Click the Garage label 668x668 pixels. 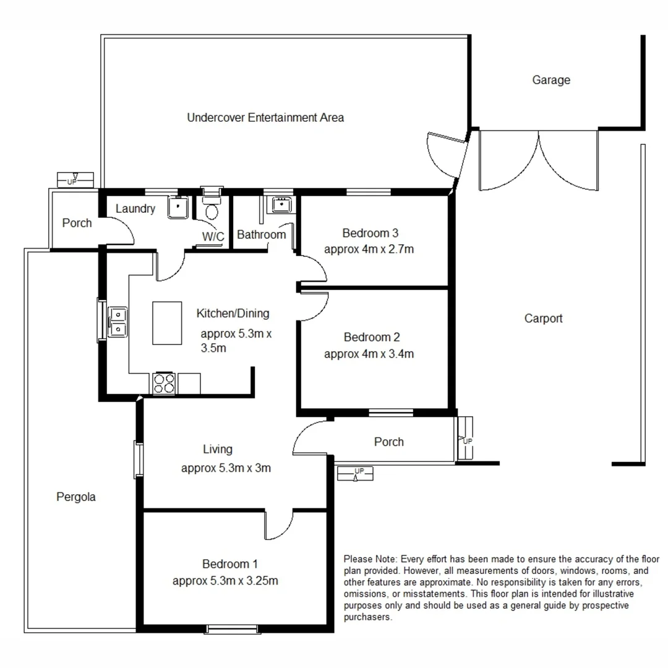[x=550, y=80]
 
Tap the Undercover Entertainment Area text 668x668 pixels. [x=265, y=117]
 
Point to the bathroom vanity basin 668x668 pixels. [x=281, y=204]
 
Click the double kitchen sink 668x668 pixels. [x=117, y=322]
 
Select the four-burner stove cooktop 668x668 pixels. [x=165, y=383]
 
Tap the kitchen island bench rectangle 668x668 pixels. [x=167, y=323]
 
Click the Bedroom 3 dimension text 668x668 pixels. [x=369, y=250]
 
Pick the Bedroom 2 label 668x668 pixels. [x=371, y=337]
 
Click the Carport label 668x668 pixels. [x=543, y=319]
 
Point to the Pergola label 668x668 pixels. [x=75, y=496]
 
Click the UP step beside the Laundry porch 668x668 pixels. [x=75, y=180]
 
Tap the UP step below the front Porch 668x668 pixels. [x=356, y=474]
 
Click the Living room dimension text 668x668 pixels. [x=226, y=468]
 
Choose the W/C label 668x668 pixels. [x=212, y=236]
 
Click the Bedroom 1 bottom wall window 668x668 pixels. [x=232, y=629]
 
